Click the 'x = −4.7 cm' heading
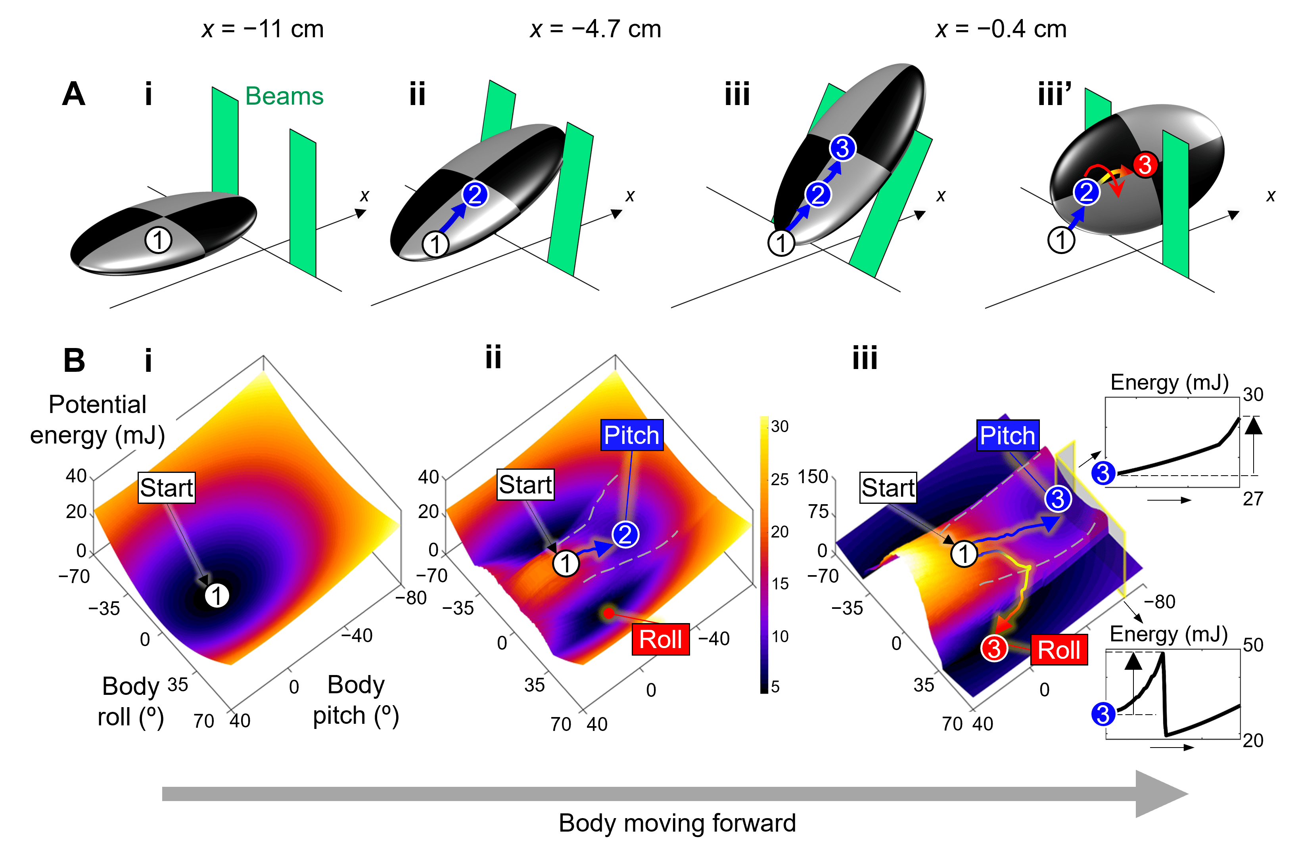click(595, 29)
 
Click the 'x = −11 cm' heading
click(263, 29)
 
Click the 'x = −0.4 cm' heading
click(1001, 29)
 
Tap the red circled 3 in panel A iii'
click(1145, 164)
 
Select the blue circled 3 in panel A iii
click(842, 148)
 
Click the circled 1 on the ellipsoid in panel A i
click(158, 240)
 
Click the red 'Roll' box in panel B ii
click(660, 639)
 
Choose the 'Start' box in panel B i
click(166, 488)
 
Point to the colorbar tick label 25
click(779, 480)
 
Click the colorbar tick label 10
click(779, 636)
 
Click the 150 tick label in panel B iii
click(813, 477)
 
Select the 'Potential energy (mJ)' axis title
click(97, 420)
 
